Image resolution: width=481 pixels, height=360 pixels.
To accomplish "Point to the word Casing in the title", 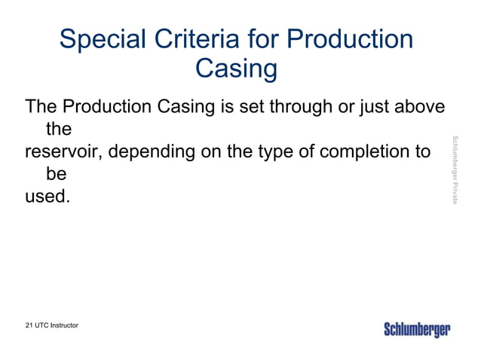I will [236, 70].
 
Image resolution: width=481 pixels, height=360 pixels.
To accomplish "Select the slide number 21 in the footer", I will [29, 325].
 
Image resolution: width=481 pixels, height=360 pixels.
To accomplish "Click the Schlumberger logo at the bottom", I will [417, 330].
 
